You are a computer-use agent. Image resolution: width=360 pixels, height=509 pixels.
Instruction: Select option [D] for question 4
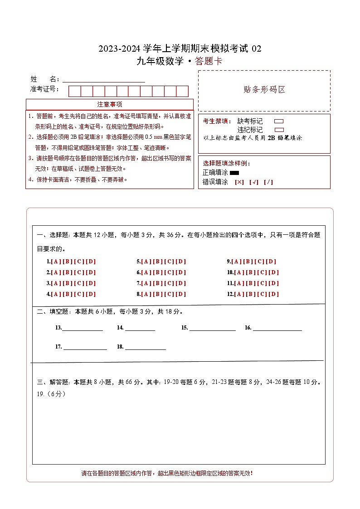point(91,294)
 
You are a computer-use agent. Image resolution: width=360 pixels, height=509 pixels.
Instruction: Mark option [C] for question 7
point(169,283)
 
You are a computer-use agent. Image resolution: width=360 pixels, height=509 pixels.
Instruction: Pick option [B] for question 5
point(157,262)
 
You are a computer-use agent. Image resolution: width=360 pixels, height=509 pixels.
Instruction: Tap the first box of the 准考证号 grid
point(74,91)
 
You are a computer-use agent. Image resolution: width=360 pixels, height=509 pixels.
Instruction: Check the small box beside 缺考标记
point(279,121)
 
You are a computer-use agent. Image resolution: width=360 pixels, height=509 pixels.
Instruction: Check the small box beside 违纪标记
point(279,130)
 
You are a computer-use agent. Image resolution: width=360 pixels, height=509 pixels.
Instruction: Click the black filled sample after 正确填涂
point(234,173)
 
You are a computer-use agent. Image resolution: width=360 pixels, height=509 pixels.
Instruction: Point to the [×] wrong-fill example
point(239,182)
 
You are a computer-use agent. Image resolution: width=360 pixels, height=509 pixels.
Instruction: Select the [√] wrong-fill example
point(254,182)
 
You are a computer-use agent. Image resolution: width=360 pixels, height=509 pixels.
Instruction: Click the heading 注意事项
point(110,104)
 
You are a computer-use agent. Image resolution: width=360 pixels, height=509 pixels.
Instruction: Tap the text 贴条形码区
point(264,89)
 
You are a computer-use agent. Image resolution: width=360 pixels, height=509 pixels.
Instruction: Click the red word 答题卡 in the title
point(209,62)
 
